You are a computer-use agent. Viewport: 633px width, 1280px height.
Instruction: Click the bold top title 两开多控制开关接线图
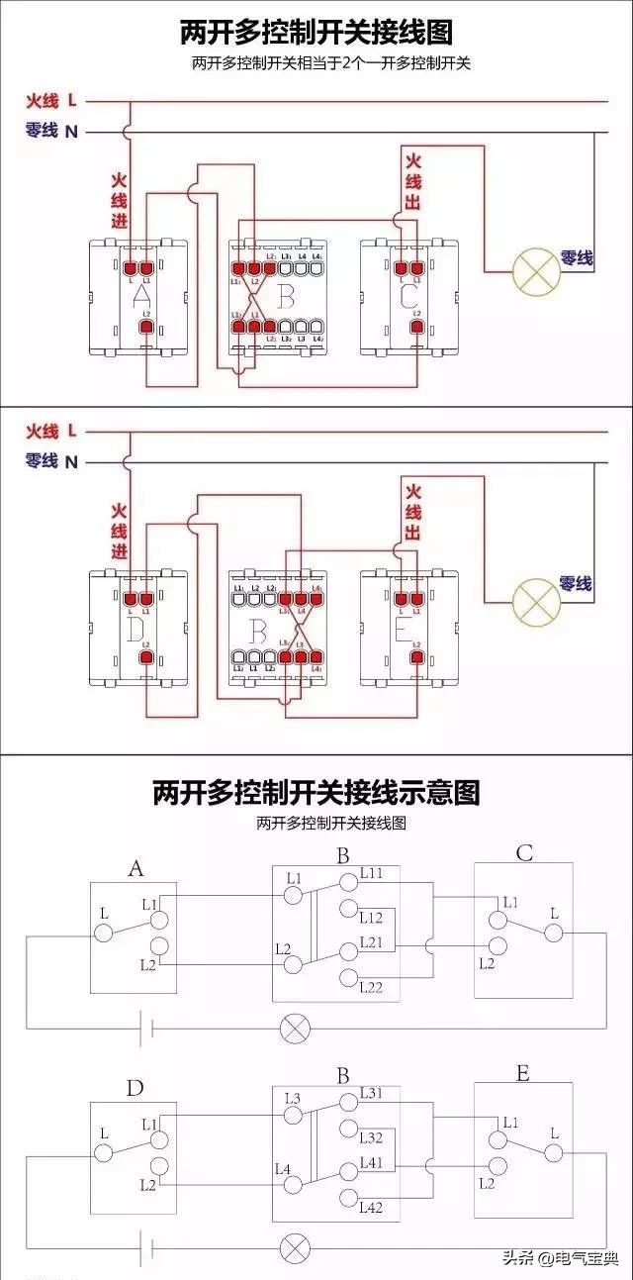point(316,33)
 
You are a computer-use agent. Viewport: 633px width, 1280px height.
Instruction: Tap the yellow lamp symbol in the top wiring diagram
point(536,269)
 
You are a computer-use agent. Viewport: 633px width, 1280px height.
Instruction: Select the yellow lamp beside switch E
point(536,598)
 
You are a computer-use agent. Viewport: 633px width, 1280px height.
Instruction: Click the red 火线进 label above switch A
point(119,201)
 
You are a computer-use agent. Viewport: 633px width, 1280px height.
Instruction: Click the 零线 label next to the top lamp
point(577,257)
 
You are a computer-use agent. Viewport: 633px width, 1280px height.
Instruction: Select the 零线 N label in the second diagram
point(51,461)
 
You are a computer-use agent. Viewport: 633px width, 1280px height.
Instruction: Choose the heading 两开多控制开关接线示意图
point(316,792)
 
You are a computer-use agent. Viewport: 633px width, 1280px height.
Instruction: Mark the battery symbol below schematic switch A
point(144,1028)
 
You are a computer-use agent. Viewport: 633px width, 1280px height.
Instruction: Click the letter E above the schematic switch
point(523,1072)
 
